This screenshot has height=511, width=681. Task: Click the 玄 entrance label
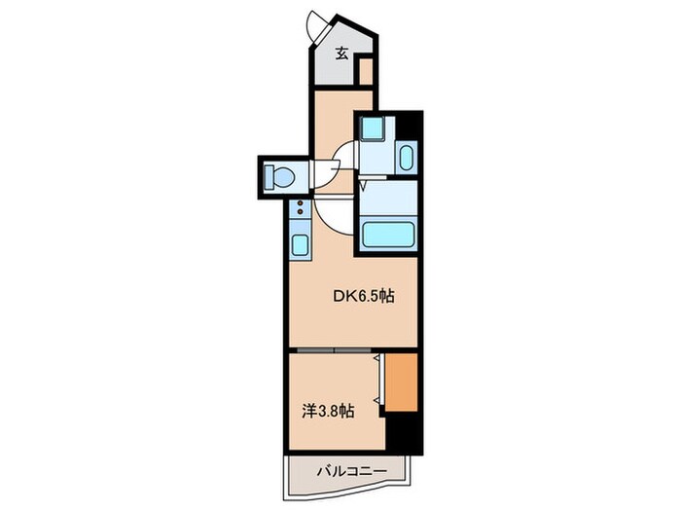pyautogui.click(x=341, y=54)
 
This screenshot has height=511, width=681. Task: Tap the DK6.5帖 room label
pyautogui.click(x=364, y=296)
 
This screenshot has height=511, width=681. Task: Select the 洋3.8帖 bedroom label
pyautogui.click(x=328, y=411)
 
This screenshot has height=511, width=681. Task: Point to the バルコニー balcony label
pyautogui.click(x=351, y=471)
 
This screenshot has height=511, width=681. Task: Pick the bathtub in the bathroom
pyautogui.click(x=388, y=235)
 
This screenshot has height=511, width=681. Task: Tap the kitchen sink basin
pyautogui.click(x=300, y=245)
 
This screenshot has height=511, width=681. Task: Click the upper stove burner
pyautogui.click(x=300, y=202)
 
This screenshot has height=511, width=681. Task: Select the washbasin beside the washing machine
pyautogui.click(x=406, y=158)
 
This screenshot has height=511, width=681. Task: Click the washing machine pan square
pyautogui.click(x=373, y=128)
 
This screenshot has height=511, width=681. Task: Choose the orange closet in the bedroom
pyautogui.click(x=401, y=383)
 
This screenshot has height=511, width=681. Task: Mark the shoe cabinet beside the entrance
pyautogui.click(x=366, y=71)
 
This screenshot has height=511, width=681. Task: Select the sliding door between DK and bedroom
pyautogui.click(x=334, y=349)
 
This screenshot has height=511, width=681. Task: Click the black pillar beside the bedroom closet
pyautogui.click(x=404, y=433)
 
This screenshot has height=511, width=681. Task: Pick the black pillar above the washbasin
pyautogui.click(x=408, y=126)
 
